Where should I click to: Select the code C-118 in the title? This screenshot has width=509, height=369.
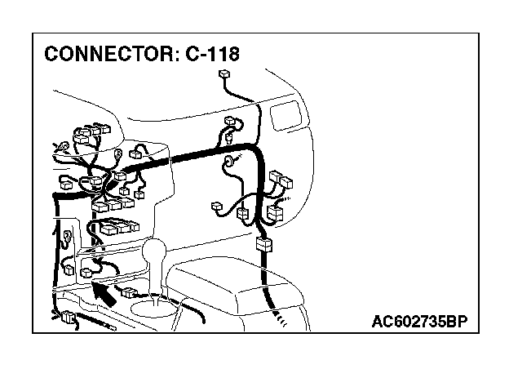pyautogui.click(x=212, y=55)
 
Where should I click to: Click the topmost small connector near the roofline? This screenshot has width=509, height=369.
pyautogui.click(x=226, y=77)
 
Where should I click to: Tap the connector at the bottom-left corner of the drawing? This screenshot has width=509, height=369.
pyautogui.click(x=68, y=318)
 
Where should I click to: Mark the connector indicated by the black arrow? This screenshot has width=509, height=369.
pyautogui.click(x=86, y=269)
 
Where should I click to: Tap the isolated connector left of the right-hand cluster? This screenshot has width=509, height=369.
pyautogui.click(x=219, y=207)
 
